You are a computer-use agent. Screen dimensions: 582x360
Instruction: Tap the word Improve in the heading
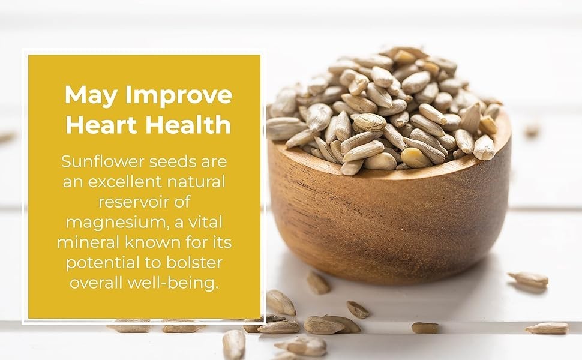[179, 95]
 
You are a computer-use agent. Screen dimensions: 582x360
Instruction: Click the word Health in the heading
[188, 124]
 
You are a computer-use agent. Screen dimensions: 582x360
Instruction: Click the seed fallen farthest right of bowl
[547, 328]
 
